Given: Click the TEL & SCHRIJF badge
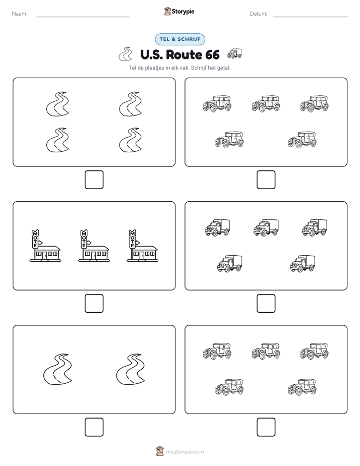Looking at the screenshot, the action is [180, 39].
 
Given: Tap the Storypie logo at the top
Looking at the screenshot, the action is [179, 11].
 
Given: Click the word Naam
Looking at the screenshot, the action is [20, 14].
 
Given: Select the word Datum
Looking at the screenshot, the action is [259, 14].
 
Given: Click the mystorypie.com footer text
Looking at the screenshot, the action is [185, 452].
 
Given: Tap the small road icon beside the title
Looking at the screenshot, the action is [126, 54].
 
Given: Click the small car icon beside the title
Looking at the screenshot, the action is [234, 53].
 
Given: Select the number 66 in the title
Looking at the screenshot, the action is [212, 54].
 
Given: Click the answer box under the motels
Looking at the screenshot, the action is [94, 304].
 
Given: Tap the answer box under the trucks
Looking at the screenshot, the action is [266, 304].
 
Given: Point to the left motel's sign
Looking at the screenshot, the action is [35, 239].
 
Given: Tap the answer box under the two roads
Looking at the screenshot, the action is [94, 427].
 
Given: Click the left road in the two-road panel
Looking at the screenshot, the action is [58, 369].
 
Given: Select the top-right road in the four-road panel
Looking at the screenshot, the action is [131, 104].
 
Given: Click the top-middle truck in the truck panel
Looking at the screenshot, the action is [266, 227].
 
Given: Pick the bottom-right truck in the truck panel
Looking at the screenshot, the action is [303, 263].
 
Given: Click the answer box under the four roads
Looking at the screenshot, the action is [94, 180].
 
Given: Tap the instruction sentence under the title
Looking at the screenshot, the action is [179, 68].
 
